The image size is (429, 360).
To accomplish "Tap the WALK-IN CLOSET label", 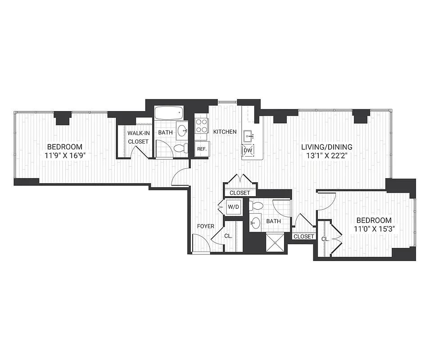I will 138,137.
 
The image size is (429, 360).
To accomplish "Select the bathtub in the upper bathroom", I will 169,112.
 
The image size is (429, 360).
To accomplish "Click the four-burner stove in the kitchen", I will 201,126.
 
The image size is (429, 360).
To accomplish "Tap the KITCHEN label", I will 225,132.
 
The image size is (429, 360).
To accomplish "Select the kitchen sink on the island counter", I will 248,135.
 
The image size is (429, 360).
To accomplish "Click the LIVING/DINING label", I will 327,147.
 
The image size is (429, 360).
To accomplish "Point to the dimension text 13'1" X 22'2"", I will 327,156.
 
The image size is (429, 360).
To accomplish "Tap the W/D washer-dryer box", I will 233,207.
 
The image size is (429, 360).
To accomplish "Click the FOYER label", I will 205,226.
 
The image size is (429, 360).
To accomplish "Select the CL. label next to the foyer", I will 228,235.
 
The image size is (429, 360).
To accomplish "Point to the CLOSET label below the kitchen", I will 239,193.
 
